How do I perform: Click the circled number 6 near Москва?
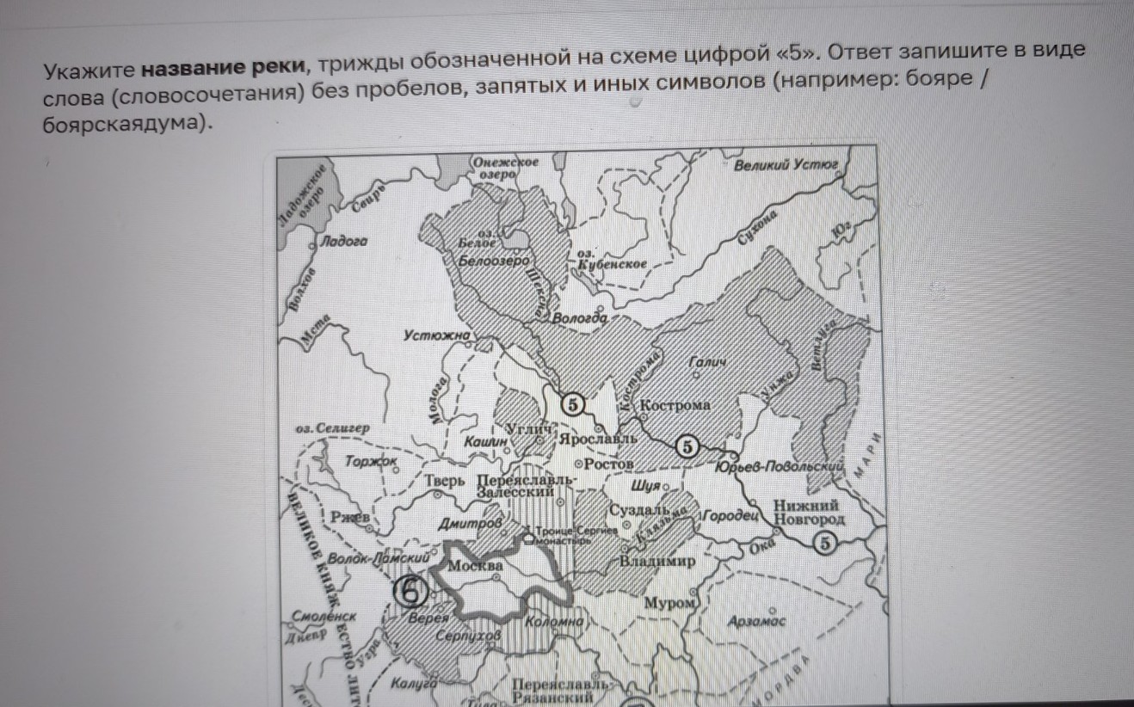coord(410,591)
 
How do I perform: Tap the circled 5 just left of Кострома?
coord(573,403)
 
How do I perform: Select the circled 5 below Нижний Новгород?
coord(824,543)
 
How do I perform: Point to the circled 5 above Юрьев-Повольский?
coord(687,446)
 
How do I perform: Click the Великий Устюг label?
coord(786,164)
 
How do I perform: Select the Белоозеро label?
coord(495,259)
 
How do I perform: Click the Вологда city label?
coord(580,318)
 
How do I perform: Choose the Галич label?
coord(708,365)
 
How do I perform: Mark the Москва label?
coord(475,567)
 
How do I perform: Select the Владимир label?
coord(657,562)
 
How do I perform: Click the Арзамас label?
coord(756,620)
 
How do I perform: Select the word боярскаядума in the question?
coord(125,124)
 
